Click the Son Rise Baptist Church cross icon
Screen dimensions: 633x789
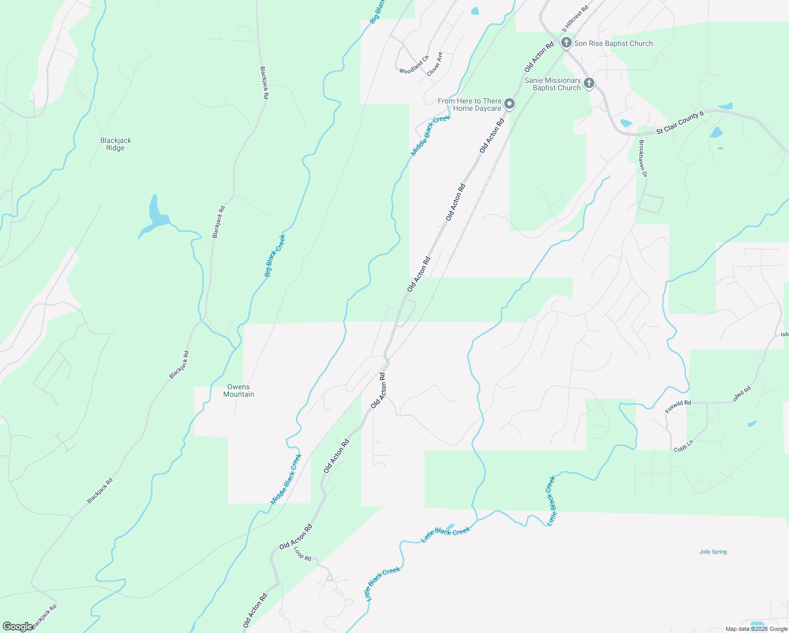click(566, 43)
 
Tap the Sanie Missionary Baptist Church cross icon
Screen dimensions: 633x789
click(589, 83)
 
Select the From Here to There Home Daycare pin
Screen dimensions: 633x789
click(509, 104)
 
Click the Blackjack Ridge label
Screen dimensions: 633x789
click(116, 144)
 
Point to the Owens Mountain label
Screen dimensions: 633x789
click(238, 390)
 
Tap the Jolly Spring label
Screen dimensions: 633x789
click(713, 552)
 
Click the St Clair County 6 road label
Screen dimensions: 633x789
click(680, 122)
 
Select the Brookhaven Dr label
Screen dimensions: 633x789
click(642, 158)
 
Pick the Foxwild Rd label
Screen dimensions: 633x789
click(678, 406)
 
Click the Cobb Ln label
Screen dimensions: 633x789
click(684, 446)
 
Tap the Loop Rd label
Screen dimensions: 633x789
click(303, 554)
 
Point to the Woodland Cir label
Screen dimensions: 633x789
click(414, 64)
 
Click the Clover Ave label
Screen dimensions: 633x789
click(435, 64)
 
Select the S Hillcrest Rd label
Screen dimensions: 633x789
click(575, 20)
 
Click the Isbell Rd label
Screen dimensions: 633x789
click(742, 394)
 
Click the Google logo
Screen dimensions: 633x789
click(17, 627)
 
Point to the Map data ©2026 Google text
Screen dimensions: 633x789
click(756, 629)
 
